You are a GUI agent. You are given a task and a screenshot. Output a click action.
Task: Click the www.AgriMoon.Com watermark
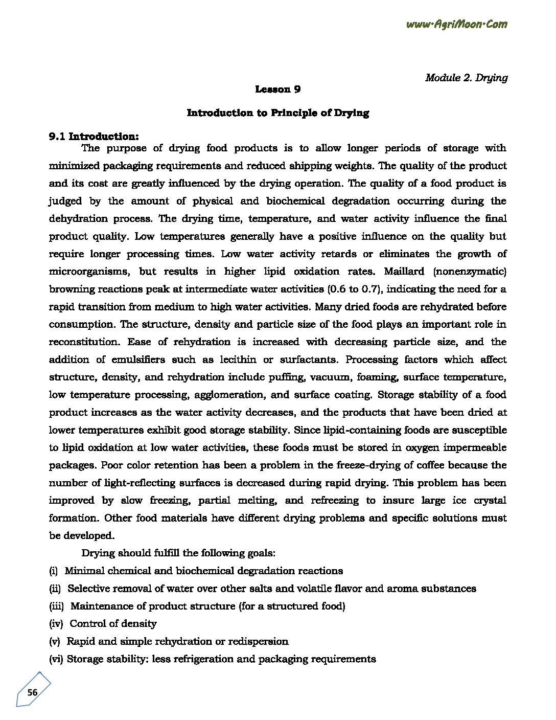[456, 24]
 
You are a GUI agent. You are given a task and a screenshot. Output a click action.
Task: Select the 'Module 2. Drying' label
[466, 78]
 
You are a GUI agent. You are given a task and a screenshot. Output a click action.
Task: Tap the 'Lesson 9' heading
[277, 89]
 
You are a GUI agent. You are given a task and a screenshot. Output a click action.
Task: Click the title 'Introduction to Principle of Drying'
[277, 113]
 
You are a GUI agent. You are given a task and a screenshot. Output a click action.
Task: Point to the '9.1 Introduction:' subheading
[94, 136]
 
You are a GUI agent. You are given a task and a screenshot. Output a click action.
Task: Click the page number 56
[32, 693]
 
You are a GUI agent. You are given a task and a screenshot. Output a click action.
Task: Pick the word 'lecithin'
[238, 359]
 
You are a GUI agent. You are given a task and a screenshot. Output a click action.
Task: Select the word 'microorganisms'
[87, 272]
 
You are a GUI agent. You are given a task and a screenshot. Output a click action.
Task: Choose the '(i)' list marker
[53, 571]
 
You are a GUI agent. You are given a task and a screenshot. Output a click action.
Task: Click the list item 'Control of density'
[113, 624]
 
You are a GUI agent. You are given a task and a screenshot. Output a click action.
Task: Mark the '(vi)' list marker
[56, 659]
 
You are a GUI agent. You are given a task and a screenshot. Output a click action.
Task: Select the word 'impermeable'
[475, 448]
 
